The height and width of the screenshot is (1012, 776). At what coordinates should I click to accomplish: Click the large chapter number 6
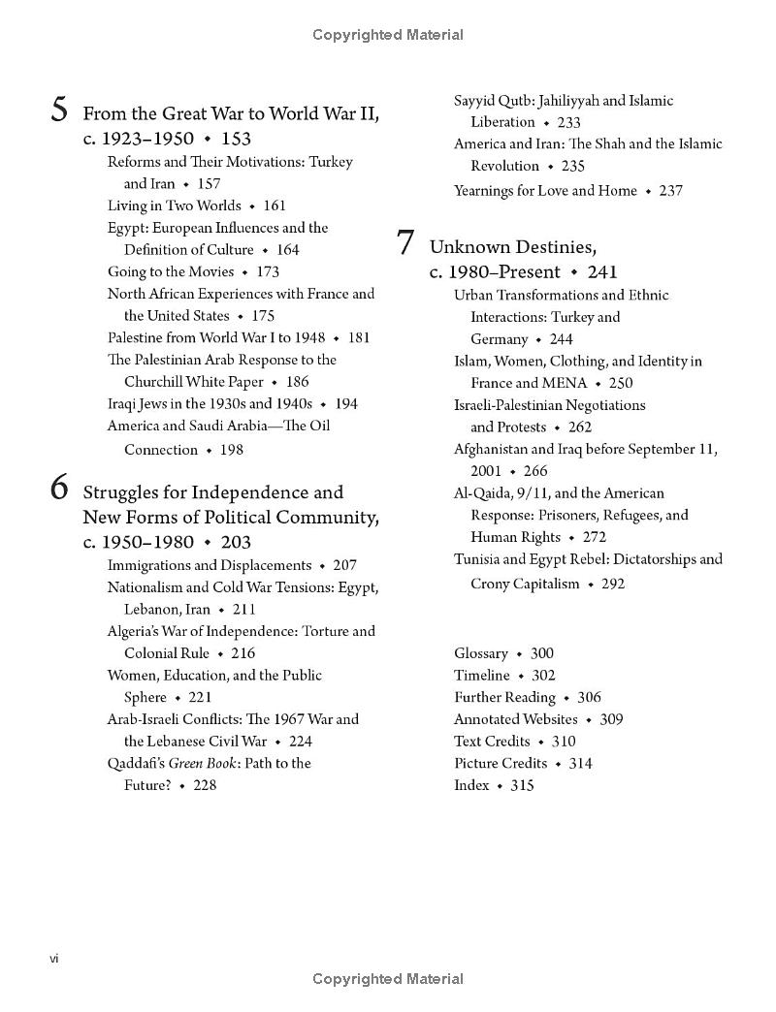60,490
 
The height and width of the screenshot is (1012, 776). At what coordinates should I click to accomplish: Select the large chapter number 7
406,243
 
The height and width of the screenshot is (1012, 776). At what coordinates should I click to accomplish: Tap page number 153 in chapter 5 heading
236,139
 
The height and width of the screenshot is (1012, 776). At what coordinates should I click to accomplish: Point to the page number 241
602,272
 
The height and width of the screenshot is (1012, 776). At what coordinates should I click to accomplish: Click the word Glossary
481,653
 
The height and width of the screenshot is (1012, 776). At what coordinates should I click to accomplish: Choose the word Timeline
481,676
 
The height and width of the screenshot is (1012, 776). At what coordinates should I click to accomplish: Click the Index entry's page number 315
522,785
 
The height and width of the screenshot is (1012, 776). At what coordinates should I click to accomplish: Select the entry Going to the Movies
171,271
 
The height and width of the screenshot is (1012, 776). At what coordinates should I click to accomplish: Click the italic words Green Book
202,763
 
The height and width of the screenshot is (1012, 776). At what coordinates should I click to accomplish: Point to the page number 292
613,584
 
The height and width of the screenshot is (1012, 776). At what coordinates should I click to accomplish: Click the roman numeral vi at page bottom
55,959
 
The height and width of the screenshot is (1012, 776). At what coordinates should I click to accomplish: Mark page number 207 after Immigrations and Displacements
344,565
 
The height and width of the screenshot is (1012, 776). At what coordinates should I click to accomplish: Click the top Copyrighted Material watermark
388,35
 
